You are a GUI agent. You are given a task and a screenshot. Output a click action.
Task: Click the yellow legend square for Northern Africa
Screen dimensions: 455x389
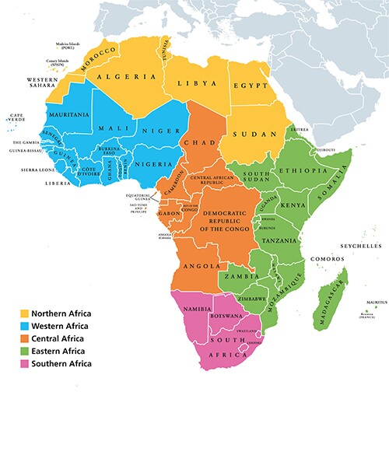[x=24, y=313]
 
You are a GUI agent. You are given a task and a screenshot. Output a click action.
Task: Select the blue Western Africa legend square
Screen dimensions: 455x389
[x=24, y=326]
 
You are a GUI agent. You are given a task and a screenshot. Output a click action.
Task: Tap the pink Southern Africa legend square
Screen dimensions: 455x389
[x=24, y=363]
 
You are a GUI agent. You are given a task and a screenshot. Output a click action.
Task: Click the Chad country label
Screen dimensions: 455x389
[x=195, y=143]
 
